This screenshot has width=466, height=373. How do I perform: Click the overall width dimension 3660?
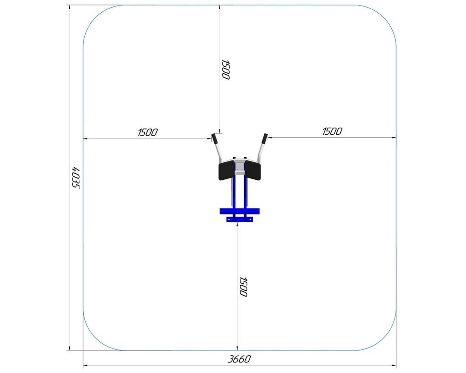pyautogui.click(x=239, y=359)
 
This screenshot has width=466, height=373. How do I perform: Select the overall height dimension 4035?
pyautogui.click(x=76, y=178)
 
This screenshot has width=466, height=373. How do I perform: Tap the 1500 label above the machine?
pyautogui.click(x=226, y=70)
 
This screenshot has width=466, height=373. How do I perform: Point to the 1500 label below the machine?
pyautogui.click(x=244, y=287)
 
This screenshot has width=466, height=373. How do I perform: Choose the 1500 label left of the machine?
pyautogui.click(x=148, y=132)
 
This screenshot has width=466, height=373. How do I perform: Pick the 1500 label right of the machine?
pyautogui.click(x=332, y=131)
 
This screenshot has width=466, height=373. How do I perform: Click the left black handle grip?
pyautogui.click(x=214, y=138)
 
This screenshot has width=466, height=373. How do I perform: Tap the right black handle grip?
pyautogui.click(x=264, y=138)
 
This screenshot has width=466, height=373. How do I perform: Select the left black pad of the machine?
pyautogui.click(x=227, y=170)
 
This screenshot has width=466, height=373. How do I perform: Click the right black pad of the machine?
pyautogui.click(x=252, y=170)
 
